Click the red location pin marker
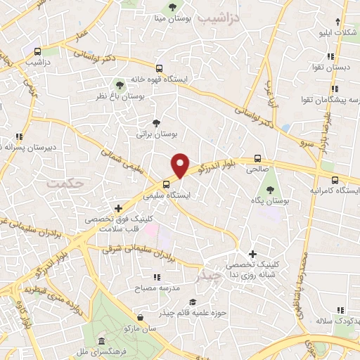point(181,165)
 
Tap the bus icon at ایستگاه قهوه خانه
point(160,69)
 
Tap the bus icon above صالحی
point(257,158)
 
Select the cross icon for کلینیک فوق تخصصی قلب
point(118,208)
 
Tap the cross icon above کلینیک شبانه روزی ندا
point(252,253)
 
